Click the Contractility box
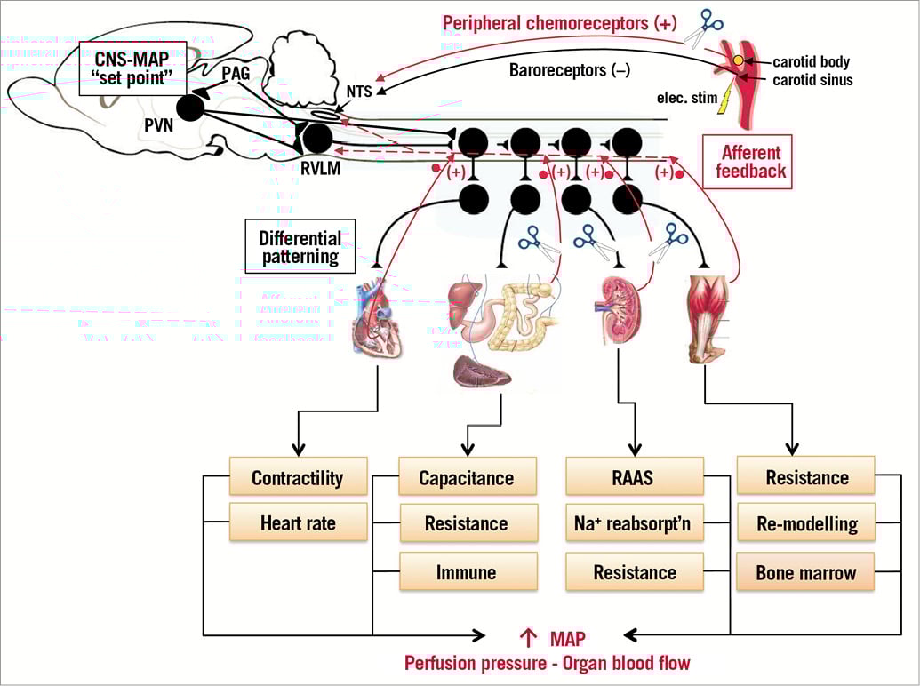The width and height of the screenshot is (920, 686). click(x=298, y=477)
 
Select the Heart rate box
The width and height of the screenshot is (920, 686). click(x=298, y=522)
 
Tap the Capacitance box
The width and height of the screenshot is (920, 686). click(x=468, y=477)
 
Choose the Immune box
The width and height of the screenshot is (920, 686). click(x=468, y=571)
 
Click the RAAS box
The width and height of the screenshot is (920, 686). click(x=635, y=477)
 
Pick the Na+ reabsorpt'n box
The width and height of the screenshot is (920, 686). click(x=635, y=523)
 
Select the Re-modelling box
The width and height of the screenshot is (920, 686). click(x=806, y=523)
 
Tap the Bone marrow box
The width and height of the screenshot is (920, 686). click(x=806, y=571)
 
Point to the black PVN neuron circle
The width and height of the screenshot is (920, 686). click(x=190, y=108)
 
